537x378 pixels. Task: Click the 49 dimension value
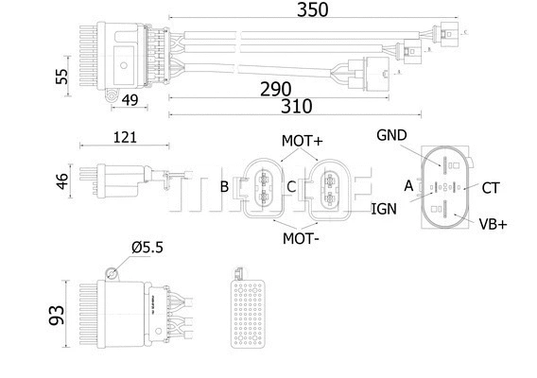tap(130, 100)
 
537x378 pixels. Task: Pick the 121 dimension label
tap(124, 136)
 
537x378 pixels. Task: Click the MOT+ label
tap(302, 141)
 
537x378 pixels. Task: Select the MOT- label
tap(301, 238)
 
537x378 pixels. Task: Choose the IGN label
tap(384, 208)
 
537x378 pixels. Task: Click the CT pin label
tap(490, 188)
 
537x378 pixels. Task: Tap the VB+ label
tap(493, 224)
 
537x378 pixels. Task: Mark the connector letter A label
tap(408, 186)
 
